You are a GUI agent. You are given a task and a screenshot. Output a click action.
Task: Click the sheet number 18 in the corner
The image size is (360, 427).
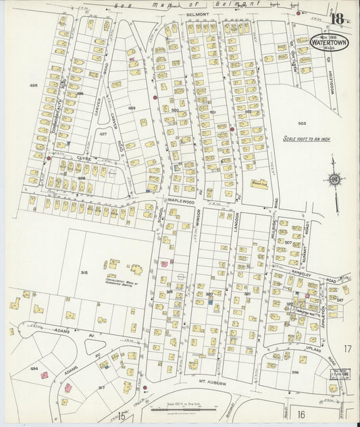tap(338, 19)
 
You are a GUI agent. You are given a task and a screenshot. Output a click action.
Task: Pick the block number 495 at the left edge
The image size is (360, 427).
tap(33, 85)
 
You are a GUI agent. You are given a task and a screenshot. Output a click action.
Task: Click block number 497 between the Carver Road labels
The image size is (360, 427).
tap(103, 134)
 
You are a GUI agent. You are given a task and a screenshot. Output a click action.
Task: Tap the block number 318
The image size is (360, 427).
tap(84, 273)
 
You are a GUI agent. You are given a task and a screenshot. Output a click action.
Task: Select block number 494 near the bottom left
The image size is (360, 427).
tap(34, 368)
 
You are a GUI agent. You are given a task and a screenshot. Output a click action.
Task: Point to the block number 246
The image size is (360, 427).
tap(295, 372)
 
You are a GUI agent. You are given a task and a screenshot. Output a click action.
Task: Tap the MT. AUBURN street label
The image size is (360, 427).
tap(211, 382)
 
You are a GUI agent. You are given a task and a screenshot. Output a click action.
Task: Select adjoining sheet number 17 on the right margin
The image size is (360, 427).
tap(347, 349)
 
